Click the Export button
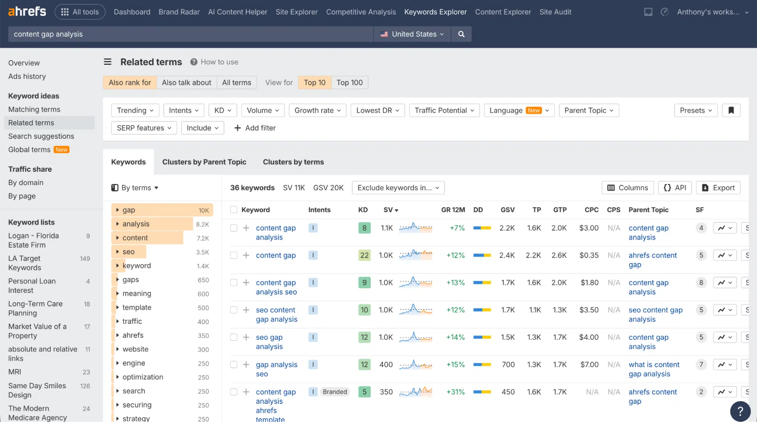point(718,188)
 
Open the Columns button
point(627,188)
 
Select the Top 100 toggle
point(349,83)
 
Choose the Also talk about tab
point(186,83)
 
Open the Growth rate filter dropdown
point(317,110)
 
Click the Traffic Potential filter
point(444,110)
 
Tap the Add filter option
point(255,128)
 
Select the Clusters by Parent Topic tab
point(204,162)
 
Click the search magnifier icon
point(461,34)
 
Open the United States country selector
point(412,34)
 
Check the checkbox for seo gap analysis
point(234,337)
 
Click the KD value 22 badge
point(364,256)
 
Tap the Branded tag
point(335,392)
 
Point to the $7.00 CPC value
point(589,365)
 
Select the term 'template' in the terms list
point(137,307)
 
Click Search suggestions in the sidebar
point(41,136)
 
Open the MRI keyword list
point(15,372)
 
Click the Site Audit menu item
point(555,12)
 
